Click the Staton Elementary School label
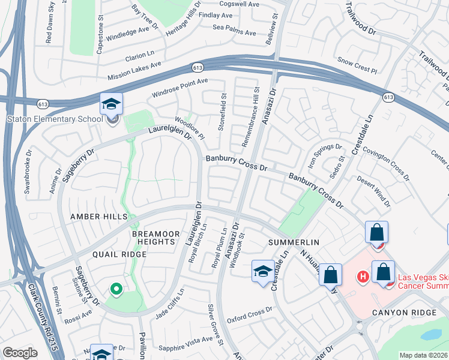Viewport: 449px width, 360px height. click(x=55, y=119)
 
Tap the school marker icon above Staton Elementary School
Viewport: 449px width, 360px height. click(x=111, y=104)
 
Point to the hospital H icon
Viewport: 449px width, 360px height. click(x=363, y=277)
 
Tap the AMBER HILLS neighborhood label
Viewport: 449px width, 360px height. click(x=99, y=216)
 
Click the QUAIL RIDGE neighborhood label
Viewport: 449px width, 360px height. click(x=119, y=254)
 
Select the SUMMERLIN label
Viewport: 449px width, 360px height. click(x=293, y=242)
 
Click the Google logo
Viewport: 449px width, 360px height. click(x=20, y=353)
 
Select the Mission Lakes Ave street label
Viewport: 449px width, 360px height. click(x=134, y=71)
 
